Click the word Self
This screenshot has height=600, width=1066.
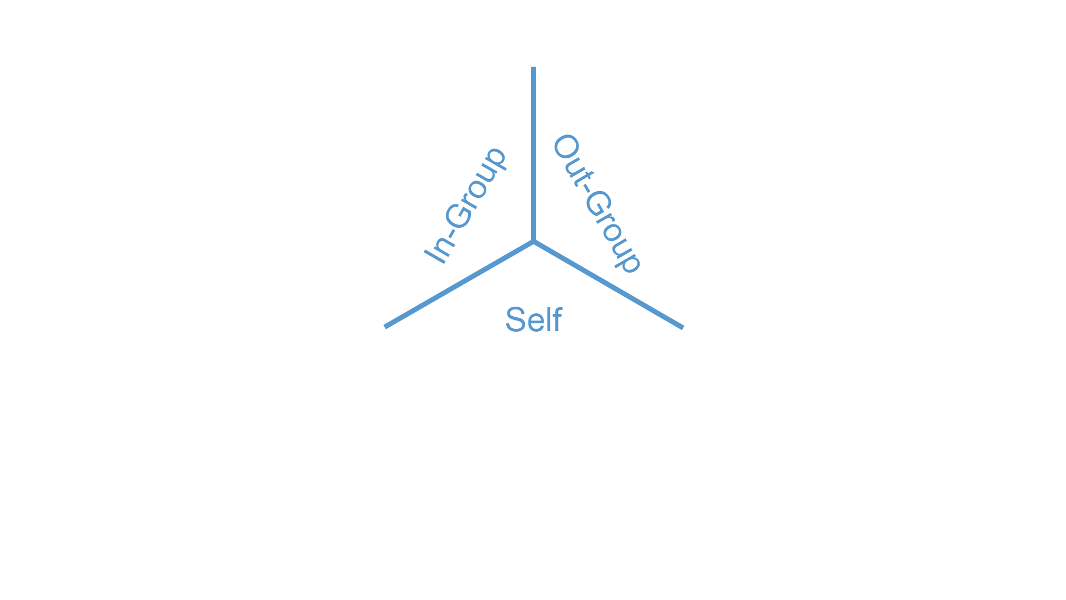point(533,320)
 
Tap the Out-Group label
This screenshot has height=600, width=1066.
point(597,203)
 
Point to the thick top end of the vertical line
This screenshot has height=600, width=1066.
point(533,83)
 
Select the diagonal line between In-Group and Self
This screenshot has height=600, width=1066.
point(472,277)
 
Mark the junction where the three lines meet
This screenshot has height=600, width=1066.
point(533,242)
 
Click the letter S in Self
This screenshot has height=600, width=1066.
point(515,320)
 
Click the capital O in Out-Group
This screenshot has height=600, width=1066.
point(566,147)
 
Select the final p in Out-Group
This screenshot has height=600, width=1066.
point(630,261)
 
